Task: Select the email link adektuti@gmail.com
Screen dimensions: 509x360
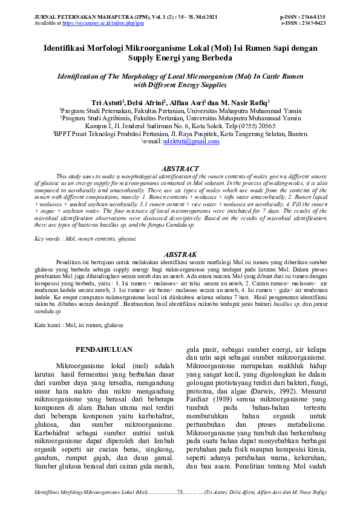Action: pyautogui.click(x=180, y=141)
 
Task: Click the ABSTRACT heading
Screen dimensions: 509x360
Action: pyautogui.click(x=181, y=168)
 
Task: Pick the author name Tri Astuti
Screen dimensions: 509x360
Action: pyautogui.click(x=105, y=102)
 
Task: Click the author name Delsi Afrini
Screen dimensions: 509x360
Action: pyautogui.click(x=143, y=102)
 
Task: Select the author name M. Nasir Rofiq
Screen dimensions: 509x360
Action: pyautogui.click(x=244, y=102)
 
